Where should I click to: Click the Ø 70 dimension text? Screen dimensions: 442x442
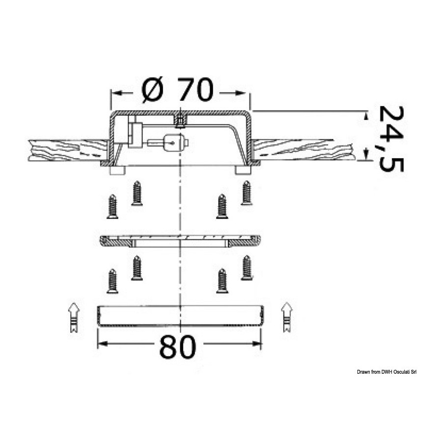(177, 89)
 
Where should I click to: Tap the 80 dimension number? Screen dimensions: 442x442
(178, 346)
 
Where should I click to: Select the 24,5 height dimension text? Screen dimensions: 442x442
(391, 138)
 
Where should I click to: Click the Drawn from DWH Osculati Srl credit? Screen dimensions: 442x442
(387, 372)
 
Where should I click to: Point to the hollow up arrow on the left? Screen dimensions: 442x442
(74, 317)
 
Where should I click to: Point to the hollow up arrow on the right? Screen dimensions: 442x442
(287, 317)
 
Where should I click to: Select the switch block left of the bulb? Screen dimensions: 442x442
(134, 135)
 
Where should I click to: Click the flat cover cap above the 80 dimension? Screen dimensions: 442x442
(180, 316)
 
